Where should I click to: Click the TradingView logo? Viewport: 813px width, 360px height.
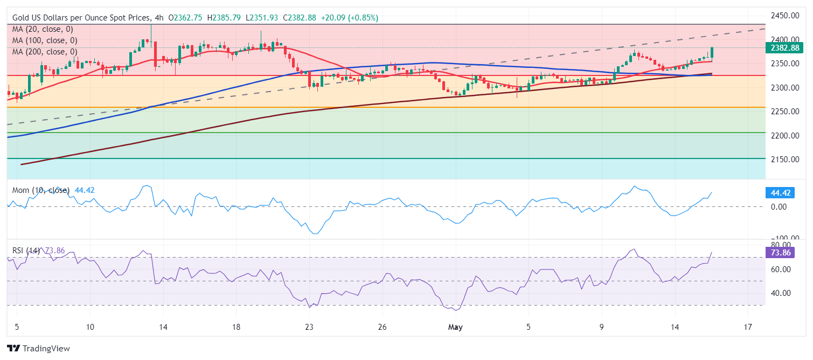tap(38, 349)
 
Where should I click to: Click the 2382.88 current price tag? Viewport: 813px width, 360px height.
tap(784, 48)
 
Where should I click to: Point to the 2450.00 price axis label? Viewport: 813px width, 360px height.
tap(784, 16)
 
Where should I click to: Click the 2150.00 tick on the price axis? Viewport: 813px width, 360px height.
tap(784, 160)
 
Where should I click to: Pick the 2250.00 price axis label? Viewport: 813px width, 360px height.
tap(784, 112)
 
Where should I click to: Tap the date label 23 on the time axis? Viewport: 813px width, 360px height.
tap(309, 327)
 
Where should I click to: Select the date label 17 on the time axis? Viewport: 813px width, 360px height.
tap(747, 327)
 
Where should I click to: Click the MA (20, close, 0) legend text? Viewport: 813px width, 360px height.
tap(43, 29)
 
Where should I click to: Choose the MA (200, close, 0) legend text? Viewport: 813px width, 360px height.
tap(45, 52)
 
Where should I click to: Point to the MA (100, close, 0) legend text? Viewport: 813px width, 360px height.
tap(45, 40)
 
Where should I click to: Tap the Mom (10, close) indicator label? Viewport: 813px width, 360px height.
tap(41, 190)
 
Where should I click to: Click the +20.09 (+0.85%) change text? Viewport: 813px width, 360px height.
tap(349, 18)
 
